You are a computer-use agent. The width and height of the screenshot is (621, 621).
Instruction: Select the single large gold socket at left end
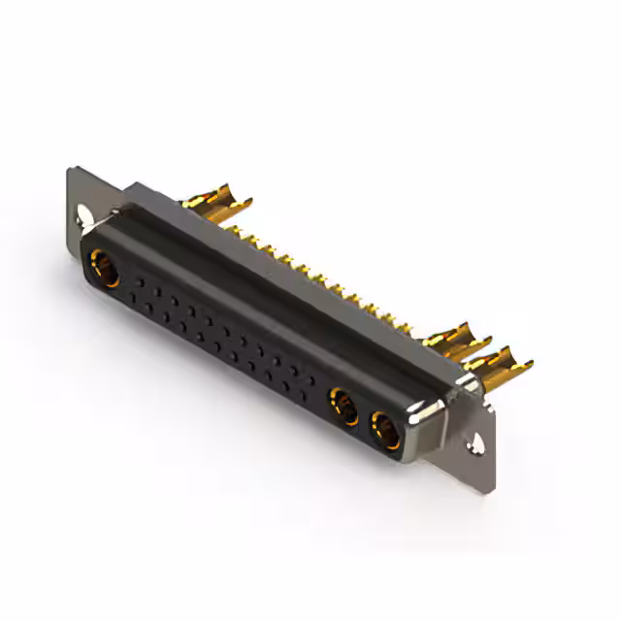tap(102, 264)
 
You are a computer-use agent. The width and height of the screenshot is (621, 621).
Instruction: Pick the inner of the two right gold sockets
tap(343, 403)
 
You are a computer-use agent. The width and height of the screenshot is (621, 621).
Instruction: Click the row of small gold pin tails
tap(320, 277)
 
